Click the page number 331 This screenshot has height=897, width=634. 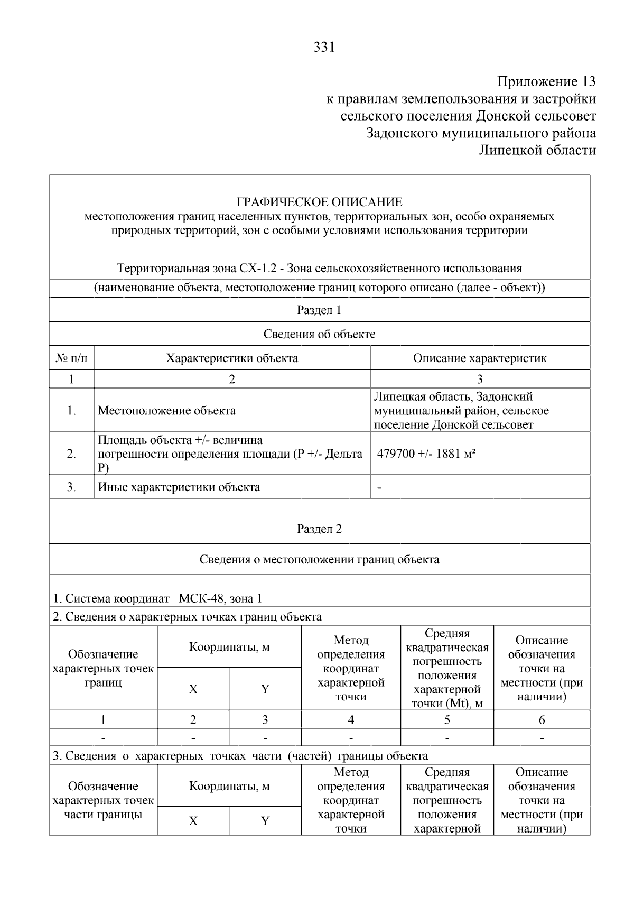324,48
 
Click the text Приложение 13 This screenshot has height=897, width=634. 546,82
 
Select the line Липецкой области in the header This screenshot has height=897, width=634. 537,150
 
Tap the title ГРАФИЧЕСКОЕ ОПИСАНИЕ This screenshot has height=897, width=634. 319,202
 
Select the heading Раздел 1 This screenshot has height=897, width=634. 319,310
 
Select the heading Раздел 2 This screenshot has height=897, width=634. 319,529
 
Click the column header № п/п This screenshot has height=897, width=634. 71,358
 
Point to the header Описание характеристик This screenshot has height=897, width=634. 479,358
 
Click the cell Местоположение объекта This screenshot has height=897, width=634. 167,411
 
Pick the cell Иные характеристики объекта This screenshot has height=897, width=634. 179,487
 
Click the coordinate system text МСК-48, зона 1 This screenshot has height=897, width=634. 220,598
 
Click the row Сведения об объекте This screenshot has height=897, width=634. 319,334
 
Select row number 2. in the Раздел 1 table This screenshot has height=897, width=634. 71,454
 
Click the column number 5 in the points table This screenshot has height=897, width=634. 447,719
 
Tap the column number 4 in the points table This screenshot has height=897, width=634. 351,719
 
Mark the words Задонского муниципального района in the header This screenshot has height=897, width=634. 481,133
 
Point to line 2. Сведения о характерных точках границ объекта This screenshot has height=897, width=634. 187,617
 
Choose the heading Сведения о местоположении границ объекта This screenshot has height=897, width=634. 319,559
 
